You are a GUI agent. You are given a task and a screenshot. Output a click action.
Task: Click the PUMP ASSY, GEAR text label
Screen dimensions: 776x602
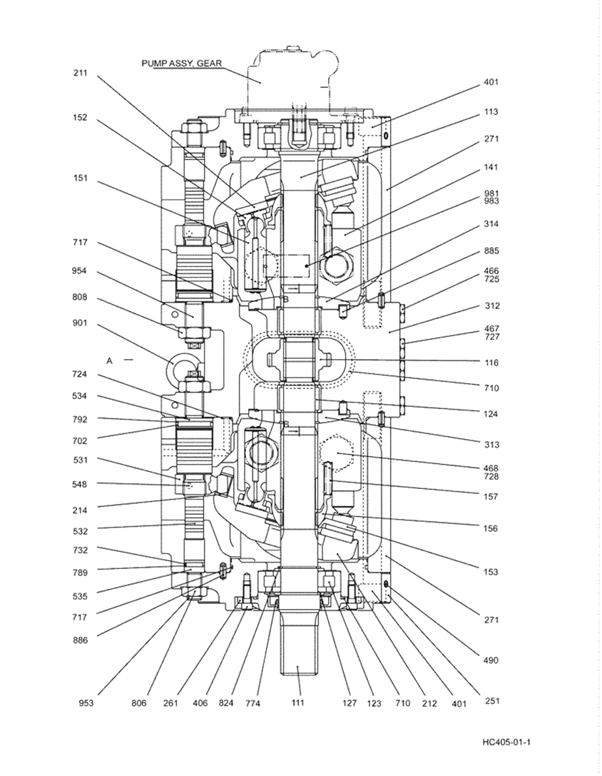[x=181, y=63]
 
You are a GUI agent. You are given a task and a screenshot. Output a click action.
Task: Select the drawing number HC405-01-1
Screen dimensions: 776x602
[x=506, y=742]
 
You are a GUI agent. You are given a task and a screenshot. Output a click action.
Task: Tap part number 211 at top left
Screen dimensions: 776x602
[x=81, y=73]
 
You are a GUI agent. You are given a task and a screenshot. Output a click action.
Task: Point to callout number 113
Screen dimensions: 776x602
[x=490, y=111]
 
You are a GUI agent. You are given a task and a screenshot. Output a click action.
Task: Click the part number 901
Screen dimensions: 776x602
[x=81, y=323]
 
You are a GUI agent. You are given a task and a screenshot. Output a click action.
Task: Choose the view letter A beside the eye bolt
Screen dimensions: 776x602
[x=110, y=361]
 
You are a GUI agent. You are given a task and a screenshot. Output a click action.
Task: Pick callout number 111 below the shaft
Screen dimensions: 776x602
[x=297, y=703]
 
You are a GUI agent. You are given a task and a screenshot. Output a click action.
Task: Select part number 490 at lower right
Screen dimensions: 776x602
[x=490, y=660]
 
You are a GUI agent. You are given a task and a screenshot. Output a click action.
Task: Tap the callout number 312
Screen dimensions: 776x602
[x=491, y=306]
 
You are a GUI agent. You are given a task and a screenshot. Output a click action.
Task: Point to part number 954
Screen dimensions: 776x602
[x=81, y=271]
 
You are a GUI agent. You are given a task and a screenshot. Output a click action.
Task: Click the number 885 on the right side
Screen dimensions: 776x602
[x=491, y=251]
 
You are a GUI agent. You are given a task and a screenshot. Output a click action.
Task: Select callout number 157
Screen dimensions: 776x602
[x=491, y=496]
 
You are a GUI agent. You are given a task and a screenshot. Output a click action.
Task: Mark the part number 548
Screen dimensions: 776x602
[x=81, y=484]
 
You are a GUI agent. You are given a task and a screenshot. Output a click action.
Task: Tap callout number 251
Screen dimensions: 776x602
[x=491, y=700]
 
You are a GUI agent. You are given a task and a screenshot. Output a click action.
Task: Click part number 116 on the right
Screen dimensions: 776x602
[x=491, y=363]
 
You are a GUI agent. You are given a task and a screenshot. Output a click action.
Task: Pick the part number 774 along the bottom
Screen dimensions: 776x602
[x=253, y=703]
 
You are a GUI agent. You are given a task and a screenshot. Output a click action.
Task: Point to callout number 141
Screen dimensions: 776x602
[x=491, y=167]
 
